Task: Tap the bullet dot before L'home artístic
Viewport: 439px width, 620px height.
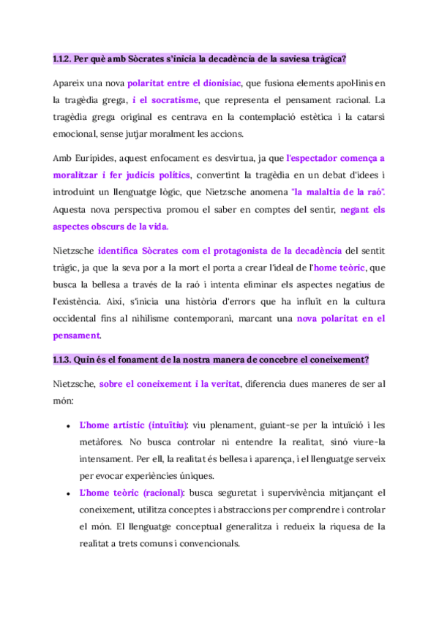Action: click(x=67, y=426)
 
